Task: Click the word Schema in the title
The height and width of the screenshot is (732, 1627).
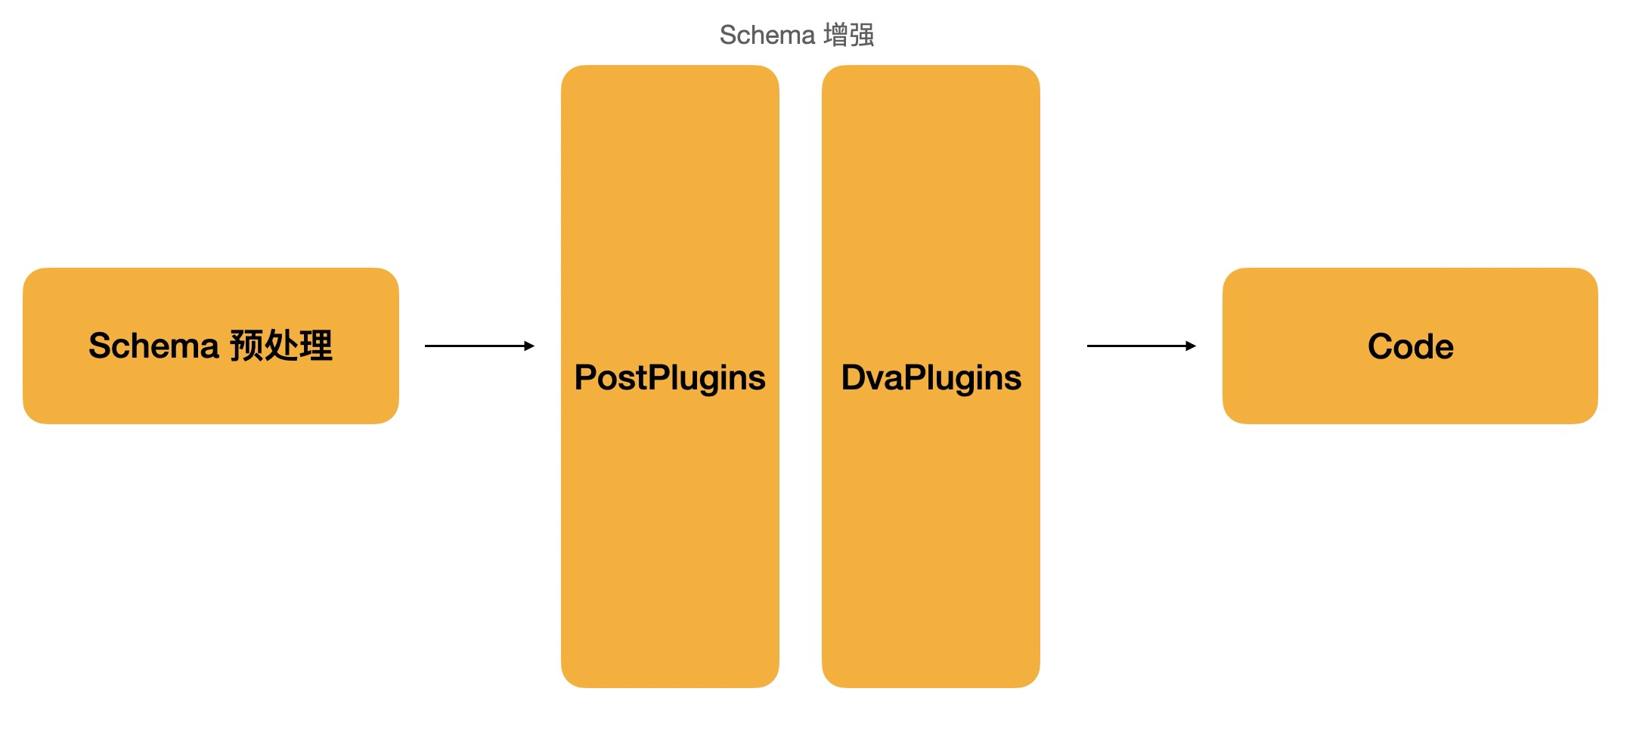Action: coord(766,36)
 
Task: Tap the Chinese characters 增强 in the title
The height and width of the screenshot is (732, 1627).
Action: coord(850,36)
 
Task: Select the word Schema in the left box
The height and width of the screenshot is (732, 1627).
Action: coord(153,346)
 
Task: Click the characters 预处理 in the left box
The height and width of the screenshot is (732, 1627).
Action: coord(281,346)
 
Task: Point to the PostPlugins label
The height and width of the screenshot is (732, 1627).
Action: coord(670,377)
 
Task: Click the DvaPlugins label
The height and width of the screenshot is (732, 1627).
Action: coord(931,377)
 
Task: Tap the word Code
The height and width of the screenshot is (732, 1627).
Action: coord(1410,346)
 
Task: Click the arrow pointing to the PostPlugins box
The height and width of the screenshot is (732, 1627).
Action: coord(479,346)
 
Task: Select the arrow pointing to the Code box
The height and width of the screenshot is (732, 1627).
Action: coord(1141,346)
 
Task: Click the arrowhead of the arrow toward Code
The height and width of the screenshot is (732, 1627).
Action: coord(1192,346)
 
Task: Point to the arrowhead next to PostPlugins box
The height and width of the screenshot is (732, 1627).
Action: coord(530,346)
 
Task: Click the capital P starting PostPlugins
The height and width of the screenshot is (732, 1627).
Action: coord(584,377)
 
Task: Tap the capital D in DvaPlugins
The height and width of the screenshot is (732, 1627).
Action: coord(853,377)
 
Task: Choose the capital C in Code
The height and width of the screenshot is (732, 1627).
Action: coord(1381,346)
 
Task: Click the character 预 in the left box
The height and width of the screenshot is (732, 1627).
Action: coord(246,346)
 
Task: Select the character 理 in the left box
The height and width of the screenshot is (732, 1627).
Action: coord(316,346)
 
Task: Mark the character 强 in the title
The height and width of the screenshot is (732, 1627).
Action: coord(863,36)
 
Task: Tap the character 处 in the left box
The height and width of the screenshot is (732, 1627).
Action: coord(281,346)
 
